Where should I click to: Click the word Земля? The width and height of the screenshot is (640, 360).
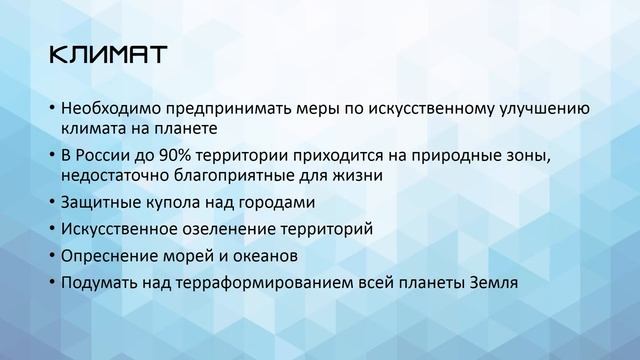(493, 283)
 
